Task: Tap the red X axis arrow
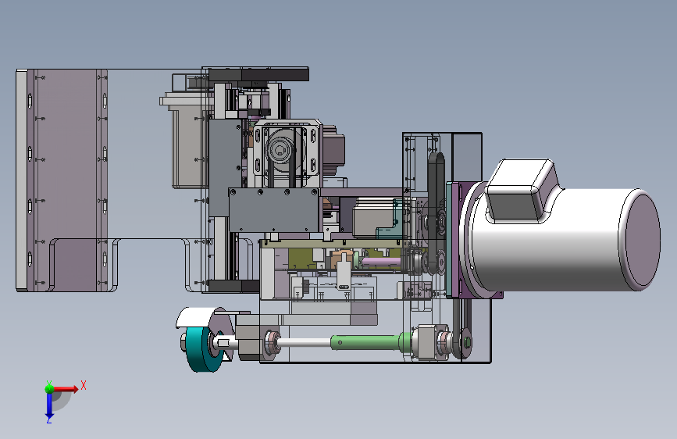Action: tap(65, 389)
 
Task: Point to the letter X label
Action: tap(84, 385)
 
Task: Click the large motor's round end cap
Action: tap(640, 239)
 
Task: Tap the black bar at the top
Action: tap(258, 74)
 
